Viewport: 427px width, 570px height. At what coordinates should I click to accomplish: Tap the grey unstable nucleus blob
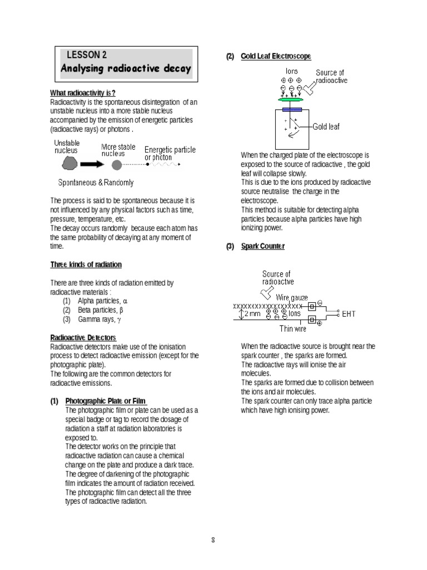pyautogui.click(x=69, y=164)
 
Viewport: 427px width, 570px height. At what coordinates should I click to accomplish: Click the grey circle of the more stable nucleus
pyautogui.click(x=116, y=165)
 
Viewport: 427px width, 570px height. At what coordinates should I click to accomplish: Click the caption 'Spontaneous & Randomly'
pyautogui.click(x=96, y=183)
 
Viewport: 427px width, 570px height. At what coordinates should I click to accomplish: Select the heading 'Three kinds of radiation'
pyautogui.click(x=86, y=264)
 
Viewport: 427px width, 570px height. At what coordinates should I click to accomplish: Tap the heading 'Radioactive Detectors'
pyautogui.click(x=83, y=338)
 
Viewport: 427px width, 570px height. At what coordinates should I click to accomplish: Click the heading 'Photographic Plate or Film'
pyautogui.click(x=106, y=401)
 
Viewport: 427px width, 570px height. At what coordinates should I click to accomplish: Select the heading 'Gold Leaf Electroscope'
pyautogui.click(x=276, y=57)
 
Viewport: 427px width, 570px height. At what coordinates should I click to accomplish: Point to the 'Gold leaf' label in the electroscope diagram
pyautogui.click(x=326, y=126)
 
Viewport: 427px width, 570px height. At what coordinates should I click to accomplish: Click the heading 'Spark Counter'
pyautogui.click(x=262, y=246)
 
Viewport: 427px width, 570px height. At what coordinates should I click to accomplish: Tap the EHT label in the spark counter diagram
pyautogui.click(x=349, y=314)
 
